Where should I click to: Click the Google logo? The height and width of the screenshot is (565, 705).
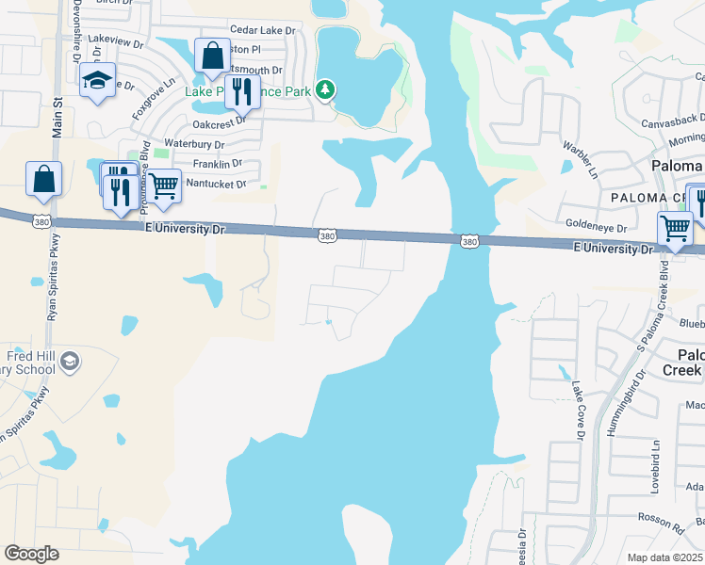tap(31, 554)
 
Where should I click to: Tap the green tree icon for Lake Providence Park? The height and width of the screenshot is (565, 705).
tap(325, 90)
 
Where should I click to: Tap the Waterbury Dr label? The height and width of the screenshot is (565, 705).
tap(195, 144)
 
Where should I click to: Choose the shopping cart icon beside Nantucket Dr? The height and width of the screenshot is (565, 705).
tap(164, 186)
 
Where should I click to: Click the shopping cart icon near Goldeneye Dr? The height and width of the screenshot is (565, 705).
tap(675, 228)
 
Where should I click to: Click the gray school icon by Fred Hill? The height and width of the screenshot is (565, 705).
tap(70, 361)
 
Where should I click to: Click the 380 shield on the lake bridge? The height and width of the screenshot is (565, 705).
tap(468, 242)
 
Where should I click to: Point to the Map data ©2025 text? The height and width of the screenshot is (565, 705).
tap(664, 557)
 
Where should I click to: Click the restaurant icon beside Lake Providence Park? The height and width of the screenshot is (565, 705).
tap(242, 90)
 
